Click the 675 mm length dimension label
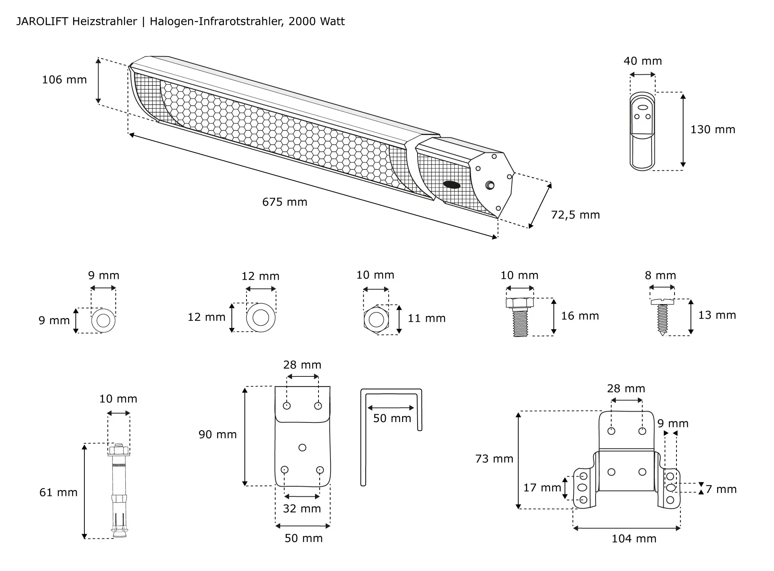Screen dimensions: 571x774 click(x=284, y=202)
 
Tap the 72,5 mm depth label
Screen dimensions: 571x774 click(x=575, y=215)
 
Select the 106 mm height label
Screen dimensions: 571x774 click(x=64, y=80)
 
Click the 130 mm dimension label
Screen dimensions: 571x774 click(x=712, y=129)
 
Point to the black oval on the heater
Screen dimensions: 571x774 click(x=452, y=185)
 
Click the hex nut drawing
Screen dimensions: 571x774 click(x=376, y=320)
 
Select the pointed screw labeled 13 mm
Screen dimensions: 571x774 click(x=662, y=316)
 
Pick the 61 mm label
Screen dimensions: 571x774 click(x=58, y=492)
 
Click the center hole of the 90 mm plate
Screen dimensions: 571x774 click(x=303, y=448)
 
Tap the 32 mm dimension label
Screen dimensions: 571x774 click(x=302, y=508)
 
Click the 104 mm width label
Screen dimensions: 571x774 click(x=634, y=539)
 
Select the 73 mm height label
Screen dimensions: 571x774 click(x=494, y=459)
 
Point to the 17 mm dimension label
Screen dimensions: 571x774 click(x=542, y=487)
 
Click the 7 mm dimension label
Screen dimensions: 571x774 click(x=721, y=489)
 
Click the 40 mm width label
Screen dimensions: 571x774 click(x=642, y=61)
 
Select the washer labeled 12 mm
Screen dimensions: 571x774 click(x=261, y=318)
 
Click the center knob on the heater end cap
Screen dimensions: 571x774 click(x=490, y=185)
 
